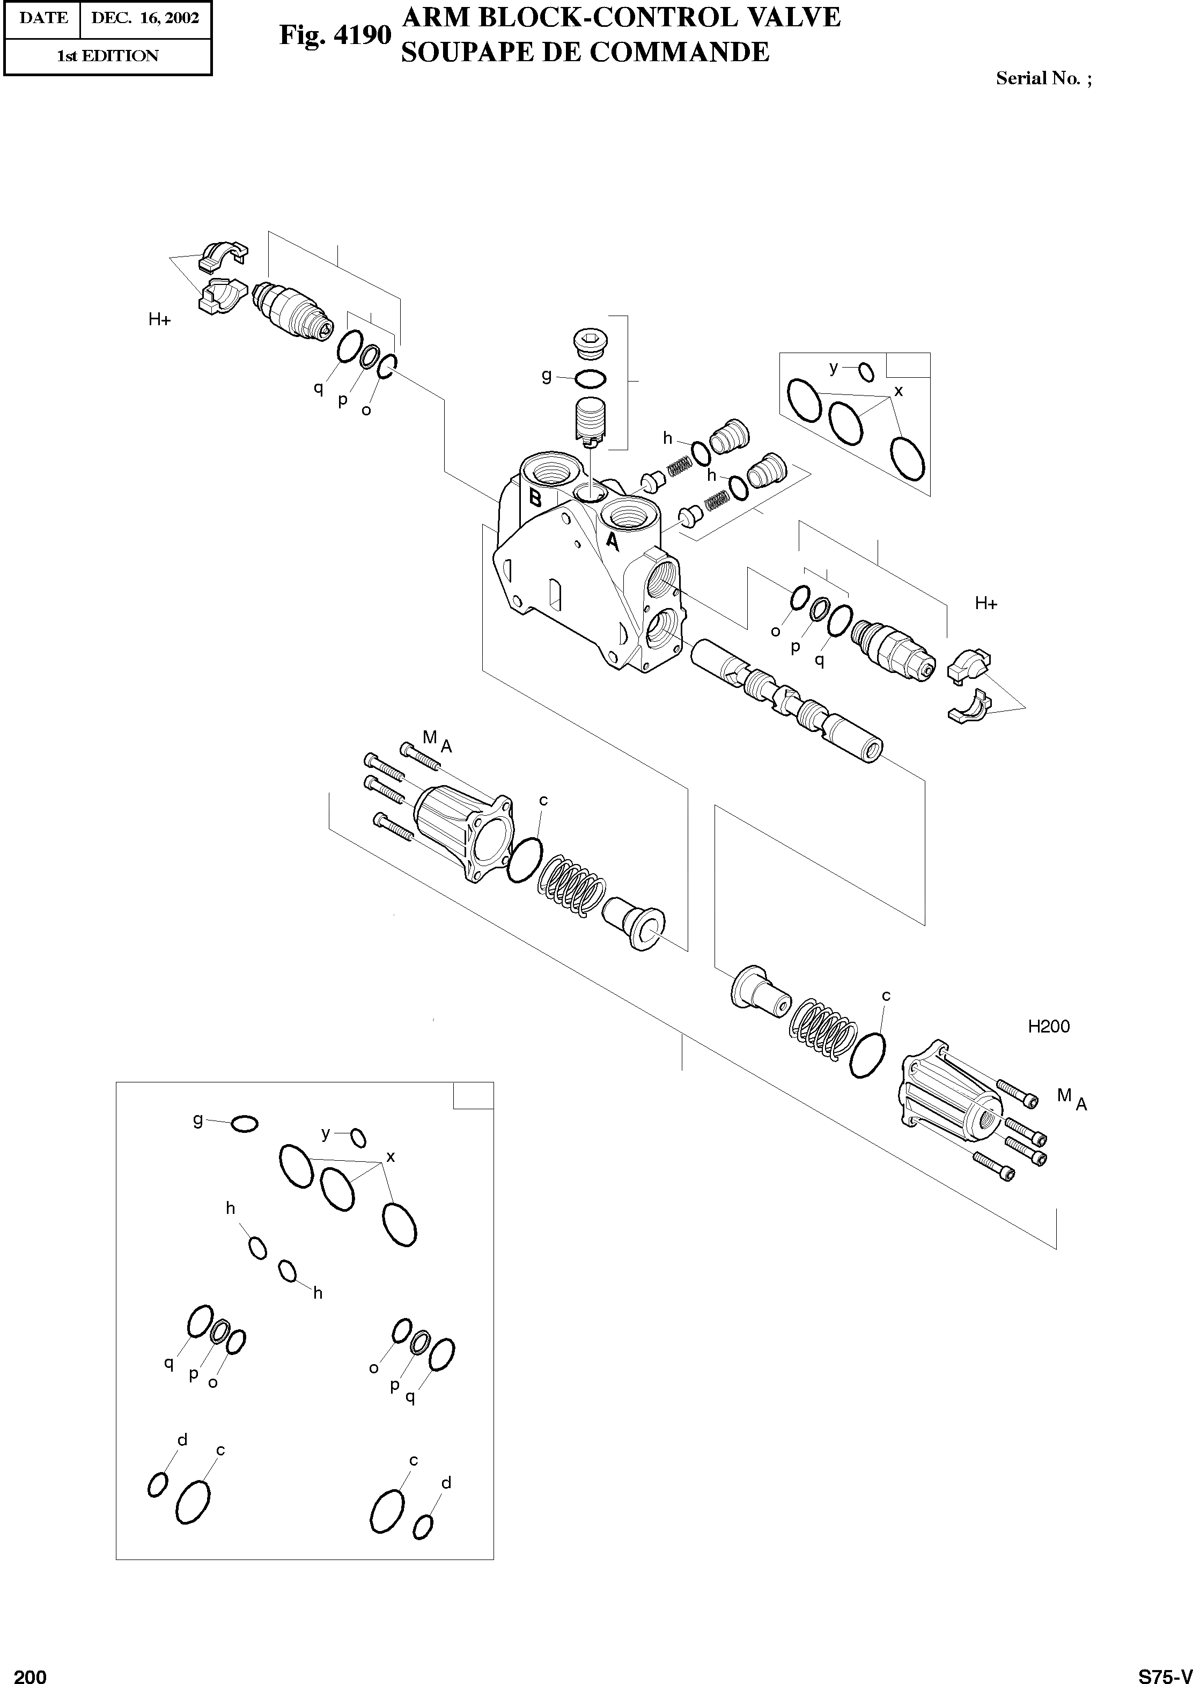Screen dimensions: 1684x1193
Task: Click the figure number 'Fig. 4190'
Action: click(335, 34)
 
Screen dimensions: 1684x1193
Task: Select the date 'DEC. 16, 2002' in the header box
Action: click(145, 18)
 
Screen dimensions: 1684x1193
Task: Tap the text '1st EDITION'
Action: click(107, 56)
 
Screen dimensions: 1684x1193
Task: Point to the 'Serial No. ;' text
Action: click(1043, 78)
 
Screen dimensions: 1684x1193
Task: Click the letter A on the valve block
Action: click(612, 542)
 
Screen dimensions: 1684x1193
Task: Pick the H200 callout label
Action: click(1048, 1027)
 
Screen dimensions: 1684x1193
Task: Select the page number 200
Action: click(30, 1670)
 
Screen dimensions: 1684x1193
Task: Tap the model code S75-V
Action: click(1165, 1670)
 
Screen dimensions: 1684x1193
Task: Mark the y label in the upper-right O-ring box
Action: click(833, 368)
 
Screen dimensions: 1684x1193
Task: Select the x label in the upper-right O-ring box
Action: click(897, 391)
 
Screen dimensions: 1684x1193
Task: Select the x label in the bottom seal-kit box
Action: click(390, 1156)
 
